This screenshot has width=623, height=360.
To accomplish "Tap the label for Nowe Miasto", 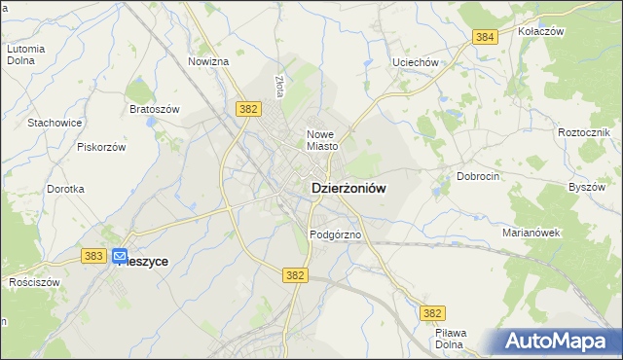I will [x=321, y=140].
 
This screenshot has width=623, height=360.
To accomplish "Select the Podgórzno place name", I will [x=336, y=234].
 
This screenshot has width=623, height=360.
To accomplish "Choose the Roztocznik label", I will [x=584, y=131].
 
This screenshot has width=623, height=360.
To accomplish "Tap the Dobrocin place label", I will [x=478, y=177].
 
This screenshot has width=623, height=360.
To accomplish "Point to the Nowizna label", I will [x=208, y=61].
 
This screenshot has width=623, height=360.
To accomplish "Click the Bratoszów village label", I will [x=155, y=109].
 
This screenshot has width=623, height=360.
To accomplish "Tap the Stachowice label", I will [x=55, y=123].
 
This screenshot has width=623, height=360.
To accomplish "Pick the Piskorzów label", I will [x=102, y=147].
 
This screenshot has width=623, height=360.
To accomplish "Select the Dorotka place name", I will [x=65, y=189].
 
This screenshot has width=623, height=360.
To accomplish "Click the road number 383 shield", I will [x=93, y=256].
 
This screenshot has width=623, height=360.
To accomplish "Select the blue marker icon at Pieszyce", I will [x=120, y=258].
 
